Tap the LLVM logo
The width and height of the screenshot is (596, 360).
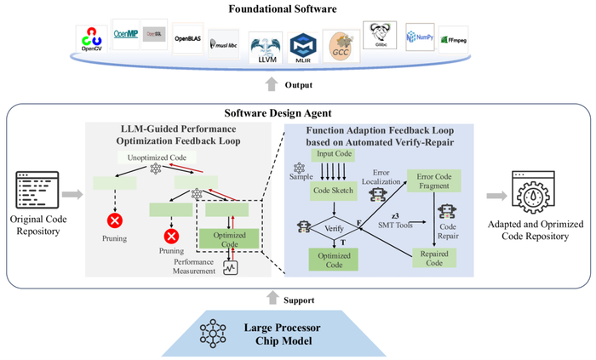click(265, 45)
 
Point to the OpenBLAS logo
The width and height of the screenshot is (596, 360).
click(190, 38)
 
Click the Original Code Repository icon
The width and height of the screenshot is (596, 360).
click(38, 191)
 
